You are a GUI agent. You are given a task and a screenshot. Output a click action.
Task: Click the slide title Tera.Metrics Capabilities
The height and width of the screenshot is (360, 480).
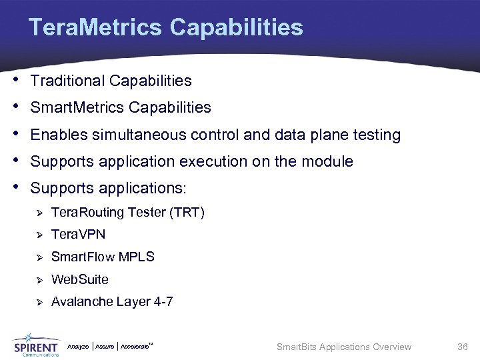(x=165, y=28)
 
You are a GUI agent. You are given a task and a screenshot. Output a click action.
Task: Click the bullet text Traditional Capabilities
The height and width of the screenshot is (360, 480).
(x=111, y=81)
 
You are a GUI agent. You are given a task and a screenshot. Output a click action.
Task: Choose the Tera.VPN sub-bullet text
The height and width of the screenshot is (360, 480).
(x=78, y=235)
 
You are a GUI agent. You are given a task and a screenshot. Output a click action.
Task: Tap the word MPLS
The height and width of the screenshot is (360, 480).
(x=137, y=257)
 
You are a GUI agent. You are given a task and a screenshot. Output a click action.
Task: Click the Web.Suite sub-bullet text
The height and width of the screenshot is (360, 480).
(x=79, y=279)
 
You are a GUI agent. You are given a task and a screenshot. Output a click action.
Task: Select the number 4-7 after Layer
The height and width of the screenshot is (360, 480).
(x=163, y=302)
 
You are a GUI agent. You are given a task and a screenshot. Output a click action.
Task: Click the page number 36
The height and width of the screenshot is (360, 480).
(x=463, y=347)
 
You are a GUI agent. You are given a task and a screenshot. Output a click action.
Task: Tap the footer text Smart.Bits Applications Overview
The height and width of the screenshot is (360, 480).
(x=343, y=347)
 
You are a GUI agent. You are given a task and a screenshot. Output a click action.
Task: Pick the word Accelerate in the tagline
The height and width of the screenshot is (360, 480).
(x=135, y=347)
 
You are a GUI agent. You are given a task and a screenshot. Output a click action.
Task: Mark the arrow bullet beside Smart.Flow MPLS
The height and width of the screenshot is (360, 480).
(x=39, y=258)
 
